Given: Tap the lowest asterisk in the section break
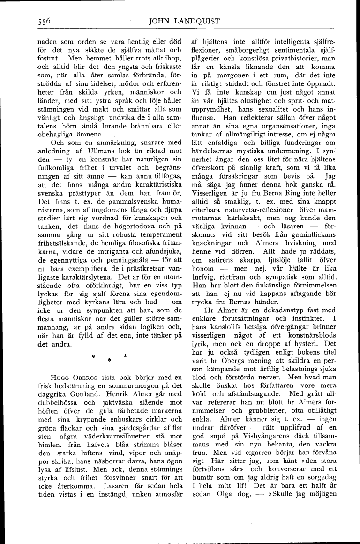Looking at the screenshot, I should pos(108,360).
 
